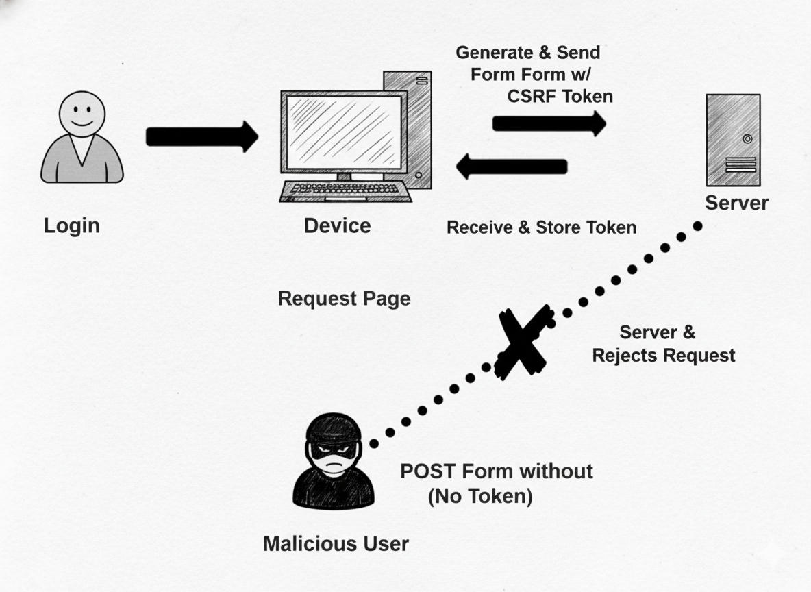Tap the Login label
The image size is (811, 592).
point(72,225)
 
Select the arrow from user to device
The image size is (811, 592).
point(201,136)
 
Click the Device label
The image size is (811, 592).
point(337,225)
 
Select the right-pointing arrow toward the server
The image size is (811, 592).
point(549,123)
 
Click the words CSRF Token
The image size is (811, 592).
point(560,97)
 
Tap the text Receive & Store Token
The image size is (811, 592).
point(541,227)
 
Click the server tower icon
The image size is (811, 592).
point(733,140)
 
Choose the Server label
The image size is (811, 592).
point(736,203)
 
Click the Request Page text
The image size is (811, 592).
point(344,299)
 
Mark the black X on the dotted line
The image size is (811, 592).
point(523,342)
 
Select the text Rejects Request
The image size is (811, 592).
point(663,355)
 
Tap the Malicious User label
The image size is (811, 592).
point(336,544)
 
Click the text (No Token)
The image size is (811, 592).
point(480,496)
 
